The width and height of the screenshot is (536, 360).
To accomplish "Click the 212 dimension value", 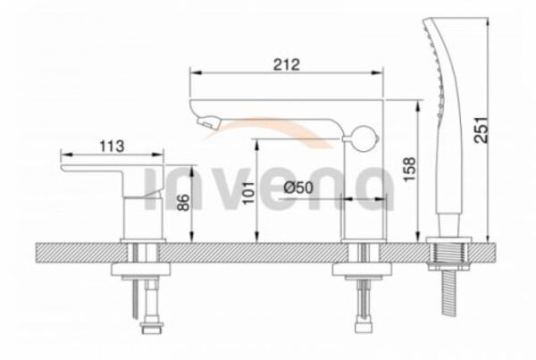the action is [287, 64].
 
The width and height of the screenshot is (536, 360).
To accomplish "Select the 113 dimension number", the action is [112, 147].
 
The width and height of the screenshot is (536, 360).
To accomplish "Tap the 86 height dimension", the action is [183, 203].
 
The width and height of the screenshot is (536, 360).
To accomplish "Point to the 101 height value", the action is [249, 192].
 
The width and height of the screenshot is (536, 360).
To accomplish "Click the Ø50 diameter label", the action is [298, 188].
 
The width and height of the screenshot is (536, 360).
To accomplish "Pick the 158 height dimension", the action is [409, 169].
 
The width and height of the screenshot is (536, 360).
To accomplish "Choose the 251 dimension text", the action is [482, 130].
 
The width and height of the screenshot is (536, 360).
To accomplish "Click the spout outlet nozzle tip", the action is [206, 121].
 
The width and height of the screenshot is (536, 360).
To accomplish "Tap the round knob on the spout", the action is [365, 138].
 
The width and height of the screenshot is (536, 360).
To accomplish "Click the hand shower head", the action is [444, 113].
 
